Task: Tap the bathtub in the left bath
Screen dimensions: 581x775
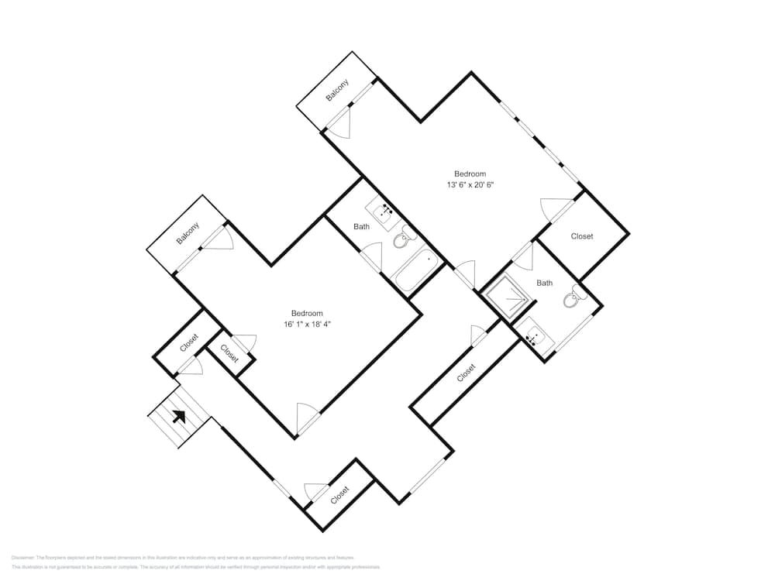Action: [x=416, y=269]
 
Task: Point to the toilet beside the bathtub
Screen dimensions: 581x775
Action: [x=401, y=241]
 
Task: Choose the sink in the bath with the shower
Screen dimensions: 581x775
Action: [x=534, y=334]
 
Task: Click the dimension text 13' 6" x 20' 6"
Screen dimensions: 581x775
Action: [x=470, y=185]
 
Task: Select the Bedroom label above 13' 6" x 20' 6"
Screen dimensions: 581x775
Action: [x=470, y=174]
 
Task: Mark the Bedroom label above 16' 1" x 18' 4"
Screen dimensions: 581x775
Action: [x=307, y=313]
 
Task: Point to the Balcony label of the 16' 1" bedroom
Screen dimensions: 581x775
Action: [x=188, y=233]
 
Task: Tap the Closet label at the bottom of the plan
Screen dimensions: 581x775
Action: [x=340, y=494]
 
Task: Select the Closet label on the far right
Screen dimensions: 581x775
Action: [x=582, y=236]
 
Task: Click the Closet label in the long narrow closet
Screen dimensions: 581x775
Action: [x=466, y=373]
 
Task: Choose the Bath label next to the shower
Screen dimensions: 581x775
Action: [x=545, y=283]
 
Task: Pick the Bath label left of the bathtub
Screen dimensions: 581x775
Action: [x=361, y=227]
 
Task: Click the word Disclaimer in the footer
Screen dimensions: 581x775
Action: [x=24, y=558]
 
